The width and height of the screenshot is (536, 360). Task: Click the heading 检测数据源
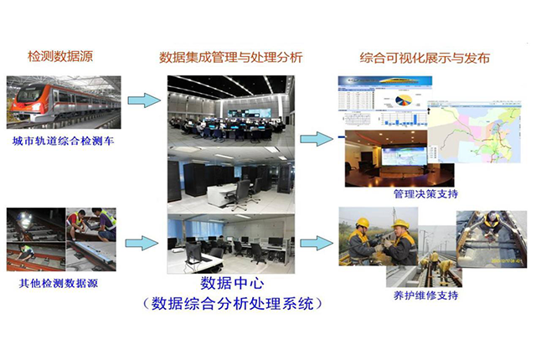(60, 56)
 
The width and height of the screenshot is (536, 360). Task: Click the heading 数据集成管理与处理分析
(231, 57)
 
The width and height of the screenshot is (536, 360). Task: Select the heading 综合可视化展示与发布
(425, 58)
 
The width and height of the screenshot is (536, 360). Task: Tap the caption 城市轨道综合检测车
(64, 141)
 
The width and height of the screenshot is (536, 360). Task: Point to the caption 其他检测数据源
(58, 283)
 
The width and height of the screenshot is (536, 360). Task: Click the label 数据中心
(232, 283)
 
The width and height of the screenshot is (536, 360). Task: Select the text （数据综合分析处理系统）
(232, 303)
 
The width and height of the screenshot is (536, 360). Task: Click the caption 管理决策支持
(425, 194)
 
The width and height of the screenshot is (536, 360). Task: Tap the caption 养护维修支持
(425, 295)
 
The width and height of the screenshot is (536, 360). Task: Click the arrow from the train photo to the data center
(144, 100)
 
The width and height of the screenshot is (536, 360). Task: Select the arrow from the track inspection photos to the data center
(142, 243)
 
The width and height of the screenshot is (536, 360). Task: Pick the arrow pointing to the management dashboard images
(317, 139)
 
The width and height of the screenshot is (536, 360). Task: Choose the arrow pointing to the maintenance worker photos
(317, 243)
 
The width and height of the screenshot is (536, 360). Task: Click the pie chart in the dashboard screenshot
(404, 100)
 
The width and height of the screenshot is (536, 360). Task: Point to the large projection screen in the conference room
(404, 156)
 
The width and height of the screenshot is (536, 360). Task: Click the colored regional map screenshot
(475, 131)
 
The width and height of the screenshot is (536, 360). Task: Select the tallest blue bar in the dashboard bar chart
(415, 119)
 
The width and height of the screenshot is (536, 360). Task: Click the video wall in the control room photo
(250, 113)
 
